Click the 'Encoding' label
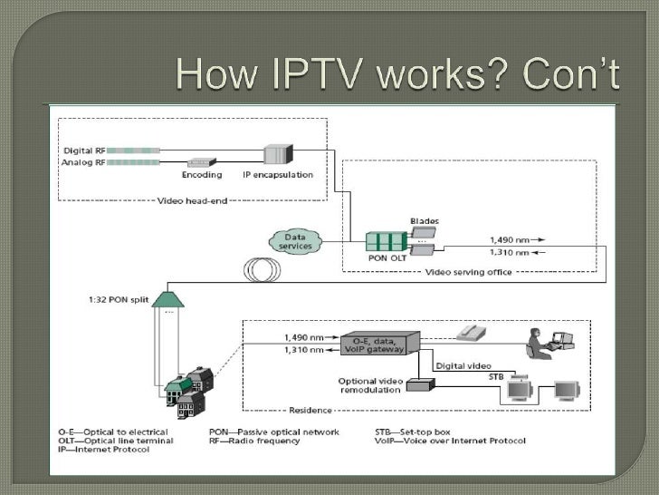point(201,174)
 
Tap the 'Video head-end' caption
point(194,199)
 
